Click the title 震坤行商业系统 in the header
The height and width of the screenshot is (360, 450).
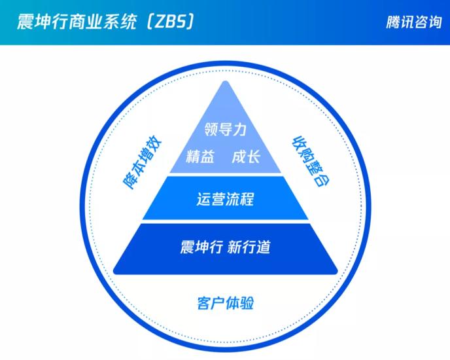[77, 22]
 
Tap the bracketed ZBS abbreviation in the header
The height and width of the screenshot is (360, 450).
[170, 22]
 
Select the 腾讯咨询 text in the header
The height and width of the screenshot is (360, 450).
[413, 22]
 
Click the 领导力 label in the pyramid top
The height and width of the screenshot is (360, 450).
[225, 130]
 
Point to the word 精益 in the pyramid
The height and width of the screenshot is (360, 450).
[200, 157]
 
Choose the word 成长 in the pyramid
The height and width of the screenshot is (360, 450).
[246, 157]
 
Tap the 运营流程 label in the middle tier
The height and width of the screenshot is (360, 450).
[225, 199]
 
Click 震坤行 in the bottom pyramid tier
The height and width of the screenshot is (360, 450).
[201, 247]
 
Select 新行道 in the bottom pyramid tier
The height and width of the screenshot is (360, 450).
[249, 247]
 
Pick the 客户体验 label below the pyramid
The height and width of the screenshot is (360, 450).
[225, 303]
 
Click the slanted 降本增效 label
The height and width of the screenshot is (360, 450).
[143, 162]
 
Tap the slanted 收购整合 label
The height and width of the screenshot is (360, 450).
[311, 161]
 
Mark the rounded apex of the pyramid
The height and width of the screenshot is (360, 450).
[226, 82]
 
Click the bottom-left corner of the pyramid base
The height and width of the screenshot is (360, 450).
[114, 272]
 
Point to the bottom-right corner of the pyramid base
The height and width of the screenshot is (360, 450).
[336, 272]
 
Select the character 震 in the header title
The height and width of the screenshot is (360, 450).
[25, 22]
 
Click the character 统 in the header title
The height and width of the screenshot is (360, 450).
[128, 22]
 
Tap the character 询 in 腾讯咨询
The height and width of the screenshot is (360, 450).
[434, 22]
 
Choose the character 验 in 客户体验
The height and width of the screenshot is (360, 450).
[247, 303]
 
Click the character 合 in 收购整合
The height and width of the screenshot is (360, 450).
[323, 180]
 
